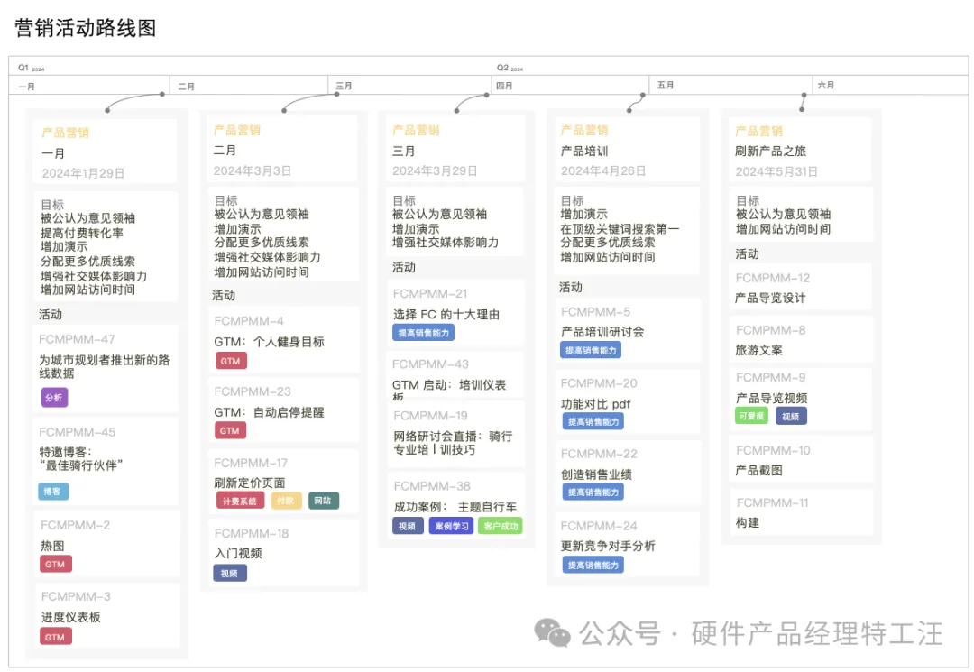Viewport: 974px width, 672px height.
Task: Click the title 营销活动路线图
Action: (x=86, y=28)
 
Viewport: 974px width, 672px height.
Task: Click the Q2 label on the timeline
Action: (x=503, y=68)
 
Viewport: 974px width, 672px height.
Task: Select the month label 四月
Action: (x=504, y=86)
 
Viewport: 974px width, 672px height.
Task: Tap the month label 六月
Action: (x=825, y=86)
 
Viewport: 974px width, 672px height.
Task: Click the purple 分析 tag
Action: (x=54, y=397)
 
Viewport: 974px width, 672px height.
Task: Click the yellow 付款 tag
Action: (x=286, y=501)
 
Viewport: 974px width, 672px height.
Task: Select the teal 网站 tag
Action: (x=323, y=501)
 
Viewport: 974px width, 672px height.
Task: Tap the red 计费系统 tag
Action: (x=240, y=501)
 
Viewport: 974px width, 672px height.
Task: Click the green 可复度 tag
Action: (x=751, y=416)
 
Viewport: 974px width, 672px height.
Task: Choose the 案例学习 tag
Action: (x=451, y=526)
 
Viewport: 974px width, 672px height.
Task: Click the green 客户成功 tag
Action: (x=501, y=526)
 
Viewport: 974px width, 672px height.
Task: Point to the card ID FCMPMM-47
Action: (x=77, y=339)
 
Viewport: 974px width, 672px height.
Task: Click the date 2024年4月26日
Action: (x=603, y=170)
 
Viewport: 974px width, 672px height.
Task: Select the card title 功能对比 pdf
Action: (x=595, y=404)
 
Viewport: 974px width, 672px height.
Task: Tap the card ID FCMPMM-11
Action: (x=772, y=502)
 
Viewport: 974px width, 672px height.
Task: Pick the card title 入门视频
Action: (x=238, y=553)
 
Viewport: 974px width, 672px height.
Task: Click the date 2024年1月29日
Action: (x=83, y=173)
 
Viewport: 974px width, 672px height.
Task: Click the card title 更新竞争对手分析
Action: (x=608, y=546)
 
